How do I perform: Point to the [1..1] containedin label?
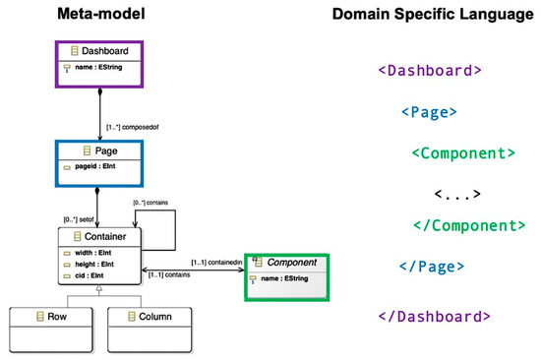(215, 262)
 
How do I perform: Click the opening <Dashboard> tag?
(430, 71)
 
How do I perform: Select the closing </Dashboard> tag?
(434, 316)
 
